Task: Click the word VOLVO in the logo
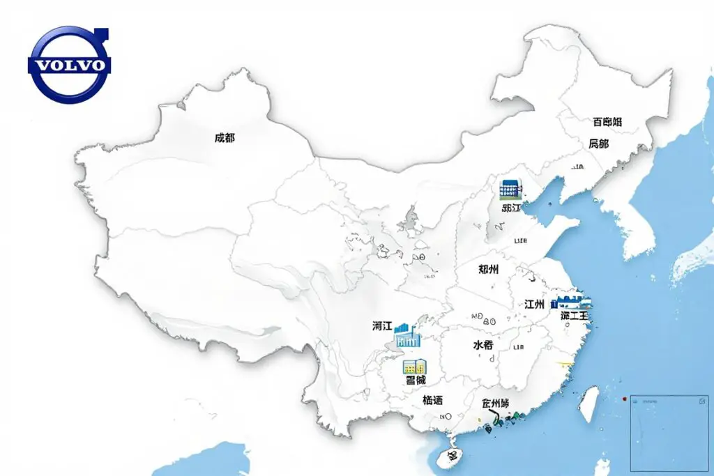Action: [69, 66]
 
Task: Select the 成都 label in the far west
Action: [225, 138]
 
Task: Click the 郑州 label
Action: [489, 269]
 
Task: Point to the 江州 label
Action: [534, 304]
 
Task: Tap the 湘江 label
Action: [382, 325]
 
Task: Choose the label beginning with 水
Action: [483, 345]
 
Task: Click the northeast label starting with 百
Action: [607, 122]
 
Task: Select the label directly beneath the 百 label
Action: [598, 144]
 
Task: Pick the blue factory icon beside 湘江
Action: [408, 337]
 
